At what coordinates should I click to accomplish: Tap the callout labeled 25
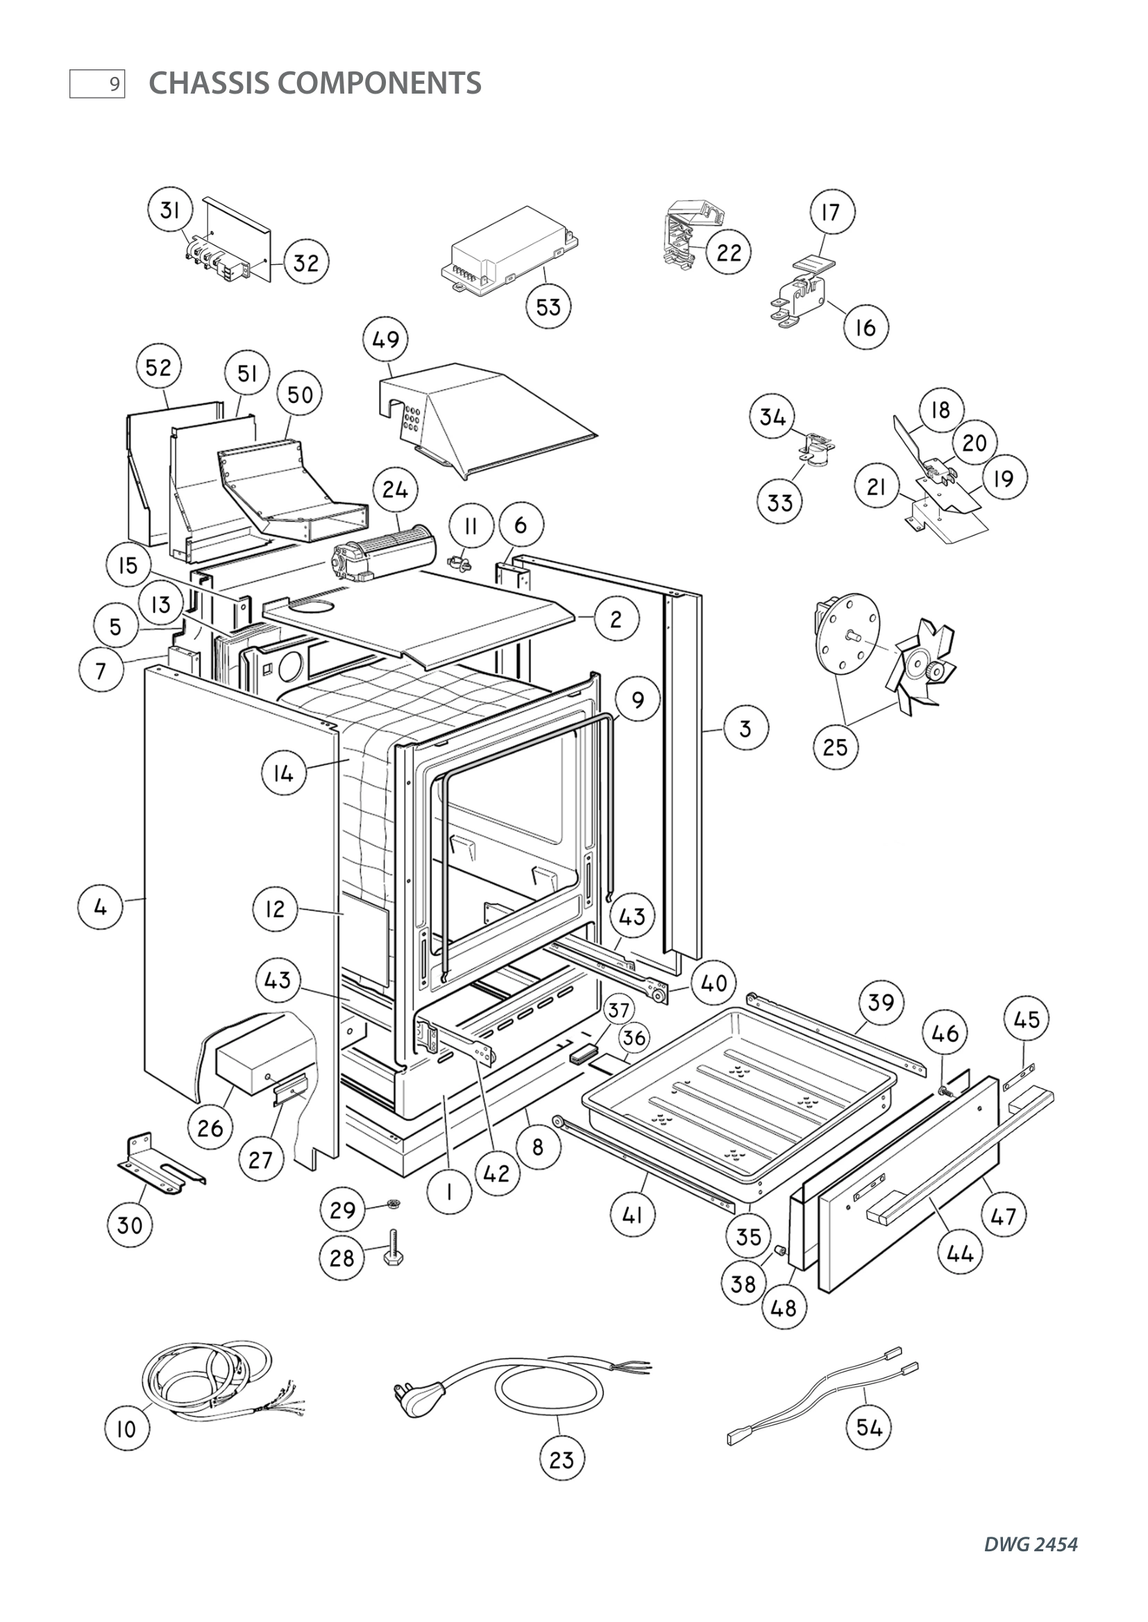[835, 747]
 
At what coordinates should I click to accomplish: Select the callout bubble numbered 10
[126, 1429]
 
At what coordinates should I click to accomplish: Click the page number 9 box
[98, 84]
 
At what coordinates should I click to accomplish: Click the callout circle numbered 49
[385, 340]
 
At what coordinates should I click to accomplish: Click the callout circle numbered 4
[101, 907]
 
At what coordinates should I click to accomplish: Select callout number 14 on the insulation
[282, 775]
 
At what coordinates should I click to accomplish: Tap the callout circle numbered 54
[869, 1427]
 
